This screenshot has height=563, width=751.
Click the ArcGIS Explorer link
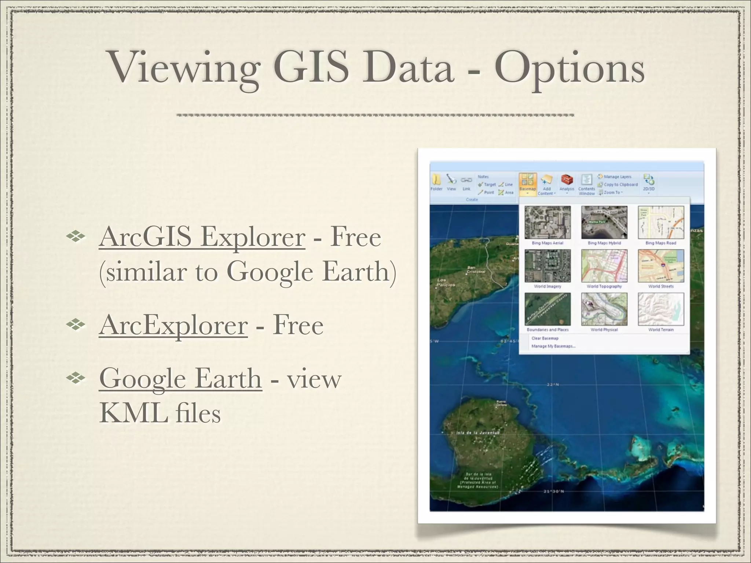(202, 237)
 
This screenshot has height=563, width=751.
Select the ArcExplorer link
(173, 325)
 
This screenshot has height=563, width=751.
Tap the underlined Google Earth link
(180, 379)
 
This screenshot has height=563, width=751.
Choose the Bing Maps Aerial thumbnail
(547, 222)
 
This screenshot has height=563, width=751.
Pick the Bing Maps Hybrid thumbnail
(604, 222)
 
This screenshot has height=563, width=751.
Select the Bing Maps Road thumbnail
(661, 222)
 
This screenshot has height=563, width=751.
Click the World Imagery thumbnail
(547, 266)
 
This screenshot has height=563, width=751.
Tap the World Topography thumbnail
(604, 266)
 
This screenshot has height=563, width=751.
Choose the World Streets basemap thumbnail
(661, 266)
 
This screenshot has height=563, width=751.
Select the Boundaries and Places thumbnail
(547, 309)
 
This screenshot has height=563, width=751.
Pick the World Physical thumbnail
(604, 309)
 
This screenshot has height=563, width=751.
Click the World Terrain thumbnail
(661, 309)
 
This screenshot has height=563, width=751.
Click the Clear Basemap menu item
(545, 338)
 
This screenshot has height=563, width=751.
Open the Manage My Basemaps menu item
(553, 346)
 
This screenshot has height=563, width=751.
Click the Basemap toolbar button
(528, 183)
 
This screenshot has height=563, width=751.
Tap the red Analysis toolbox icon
(567, 180)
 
